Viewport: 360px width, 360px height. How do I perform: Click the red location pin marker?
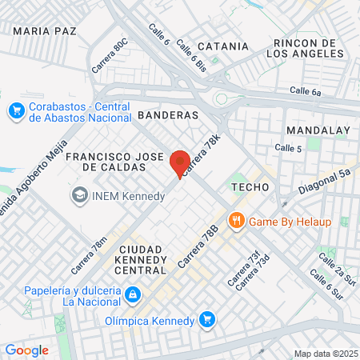[180, 163]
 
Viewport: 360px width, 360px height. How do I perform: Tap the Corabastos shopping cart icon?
[15, 110]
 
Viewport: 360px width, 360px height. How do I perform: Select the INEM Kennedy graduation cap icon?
[79, 194]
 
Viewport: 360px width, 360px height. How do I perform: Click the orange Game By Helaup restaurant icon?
[236, 220]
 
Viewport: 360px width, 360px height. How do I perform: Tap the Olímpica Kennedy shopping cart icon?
[207, 321]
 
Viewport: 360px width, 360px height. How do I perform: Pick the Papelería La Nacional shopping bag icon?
[133, 296]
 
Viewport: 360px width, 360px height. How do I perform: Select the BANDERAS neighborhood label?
[168, 115]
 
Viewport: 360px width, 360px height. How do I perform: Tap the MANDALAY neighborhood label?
[318, 130]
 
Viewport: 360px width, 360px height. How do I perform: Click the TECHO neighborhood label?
[247, 186]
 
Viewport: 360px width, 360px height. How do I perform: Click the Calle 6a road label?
[305, 92]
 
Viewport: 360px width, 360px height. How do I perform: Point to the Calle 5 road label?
[288, 148]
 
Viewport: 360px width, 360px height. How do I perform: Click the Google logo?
[26, 350]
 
